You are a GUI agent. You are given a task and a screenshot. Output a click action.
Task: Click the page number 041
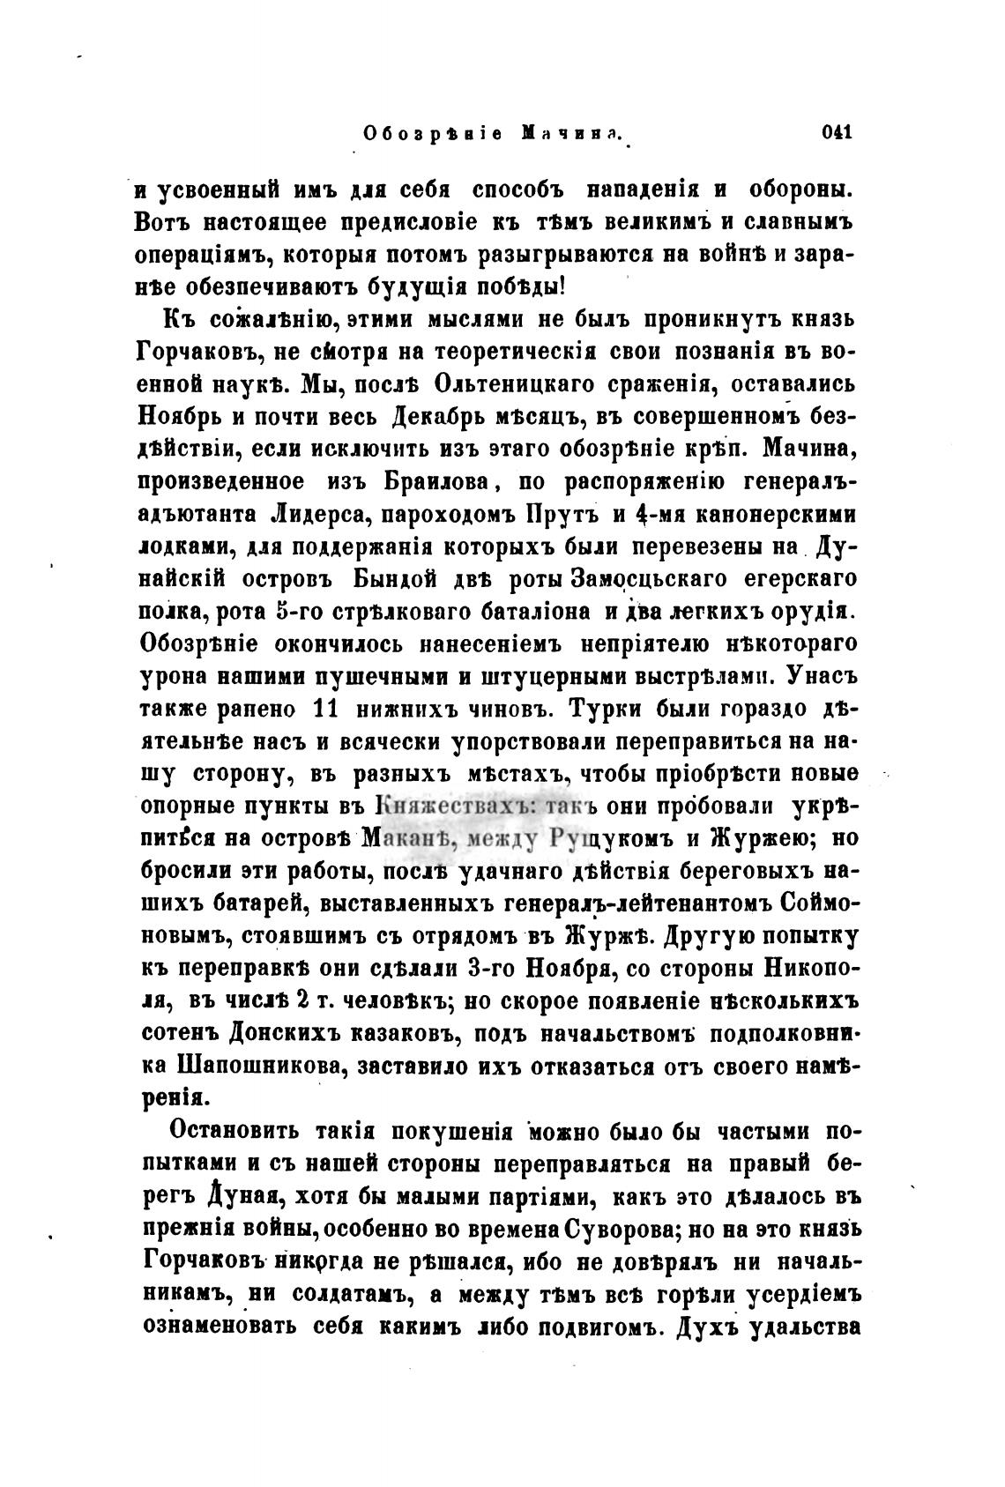tap(835, 134)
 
